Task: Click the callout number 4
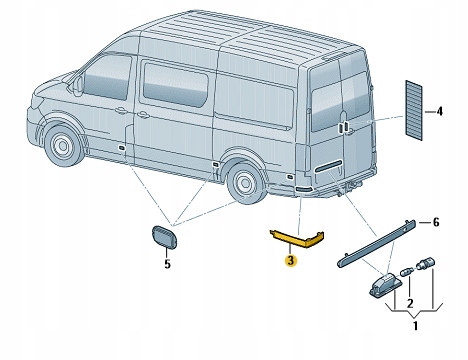(x=437, y=111)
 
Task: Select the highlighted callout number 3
(x=290, y=261)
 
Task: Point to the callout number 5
(x=167, y=264)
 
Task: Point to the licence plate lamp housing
(x=383, y=286)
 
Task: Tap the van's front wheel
(x=63, y=150)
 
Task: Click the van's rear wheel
(x=242, y=184)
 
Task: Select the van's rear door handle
(x=344, y=127)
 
